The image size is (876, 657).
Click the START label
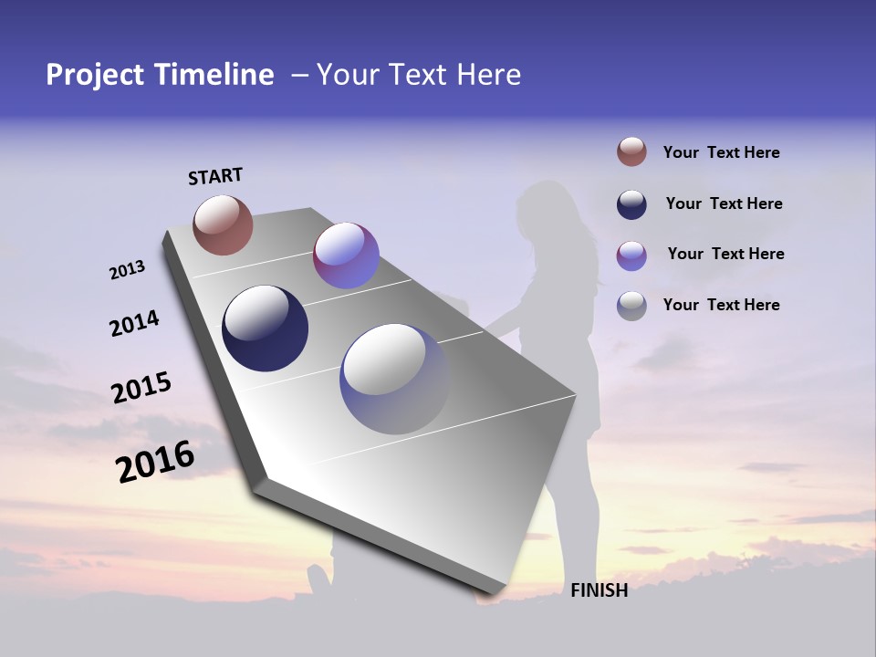point(215,176)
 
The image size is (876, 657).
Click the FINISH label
point(599,590)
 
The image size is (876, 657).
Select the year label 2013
point(127,270)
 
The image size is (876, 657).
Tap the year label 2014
point(134,323)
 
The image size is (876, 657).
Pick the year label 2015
point(141,388)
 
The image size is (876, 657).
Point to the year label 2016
point(155,461)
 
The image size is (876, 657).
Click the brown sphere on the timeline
point(223,224)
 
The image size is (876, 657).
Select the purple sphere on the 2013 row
point(346,255)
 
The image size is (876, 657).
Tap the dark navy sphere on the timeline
point(266,328)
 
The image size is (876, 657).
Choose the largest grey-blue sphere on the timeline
point(394,379)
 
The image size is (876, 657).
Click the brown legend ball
point(631,152)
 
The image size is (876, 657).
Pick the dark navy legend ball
point(631,204)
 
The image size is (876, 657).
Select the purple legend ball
point(631,255)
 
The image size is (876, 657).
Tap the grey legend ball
point(631,305)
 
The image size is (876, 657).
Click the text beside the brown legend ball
point(721,152)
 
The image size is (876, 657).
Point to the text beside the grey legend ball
point(721,305)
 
